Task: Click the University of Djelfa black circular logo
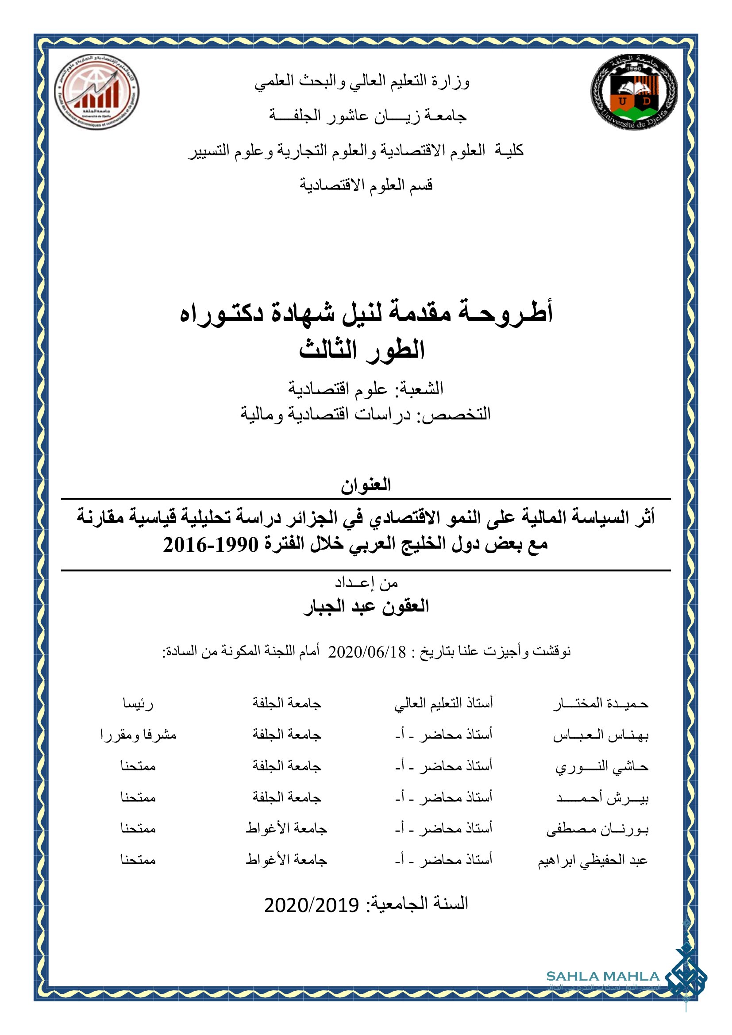(x=633, y=93)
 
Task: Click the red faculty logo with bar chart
(x=96, y=92)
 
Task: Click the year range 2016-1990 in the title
(x=211, y=545)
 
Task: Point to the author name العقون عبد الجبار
(x=366, y=606)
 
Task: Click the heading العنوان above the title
(x=366, y=485)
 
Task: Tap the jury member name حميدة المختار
(x=601, y=704)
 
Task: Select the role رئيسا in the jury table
(x=138, y=704)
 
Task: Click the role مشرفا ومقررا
(x=138, y=735)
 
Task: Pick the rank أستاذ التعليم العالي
(x=443, y=704)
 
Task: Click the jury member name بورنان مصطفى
(x=597, y=829)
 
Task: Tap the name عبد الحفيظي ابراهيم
(x=593, y=861)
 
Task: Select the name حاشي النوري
(x=602, y=766)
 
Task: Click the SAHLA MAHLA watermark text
(x=603, y=977)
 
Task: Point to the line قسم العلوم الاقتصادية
(x=366, y=185)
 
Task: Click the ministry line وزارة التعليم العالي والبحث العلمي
(x=362, y=81)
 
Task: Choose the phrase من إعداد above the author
(x=366, y=583)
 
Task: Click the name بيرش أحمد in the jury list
(x=602, y=798)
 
